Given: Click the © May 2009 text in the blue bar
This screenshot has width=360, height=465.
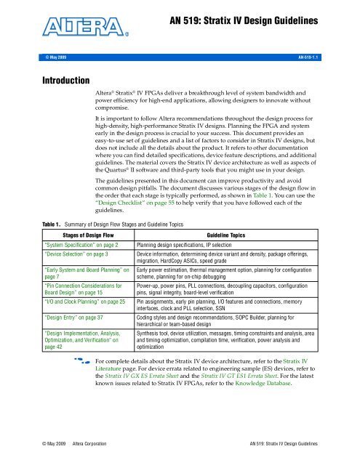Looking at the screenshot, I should click(x=28, y=55).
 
